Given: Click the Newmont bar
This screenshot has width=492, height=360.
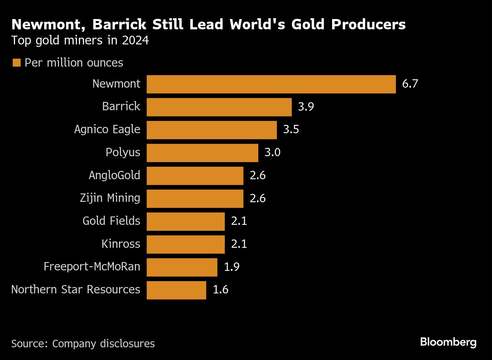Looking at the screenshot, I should coord(271,84).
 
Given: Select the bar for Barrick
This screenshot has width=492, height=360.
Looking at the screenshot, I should coord(219,107).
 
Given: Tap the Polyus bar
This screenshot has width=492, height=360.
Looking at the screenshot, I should coord(202,153).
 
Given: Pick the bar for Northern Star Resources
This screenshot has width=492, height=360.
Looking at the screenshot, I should coord(176,290).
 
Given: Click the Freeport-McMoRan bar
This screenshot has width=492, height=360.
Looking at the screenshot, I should coord(182,267).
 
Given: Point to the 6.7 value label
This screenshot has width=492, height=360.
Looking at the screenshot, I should coord(410,84).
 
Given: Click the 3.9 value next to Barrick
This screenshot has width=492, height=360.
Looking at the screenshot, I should coord(306,107).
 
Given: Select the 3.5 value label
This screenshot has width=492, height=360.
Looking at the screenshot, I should coord(291,130).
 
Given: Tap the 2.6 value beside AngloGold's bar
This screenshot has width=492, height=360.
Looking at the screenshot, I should coord(258,176).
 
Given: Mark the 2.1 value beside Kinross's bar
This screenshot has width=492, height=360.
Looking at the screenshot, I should coord(239,244).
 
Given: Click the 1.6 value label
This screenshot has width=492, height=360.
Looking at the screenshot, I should coord(221,290).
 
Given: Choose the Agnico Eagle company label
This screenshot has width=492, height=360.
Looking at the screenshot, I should coord(107,130).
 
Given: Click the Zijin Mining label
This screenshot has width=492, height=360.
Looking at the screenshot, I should coord(110,198).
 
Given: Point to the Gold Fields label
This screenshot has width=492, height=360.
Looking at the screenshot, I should coord(111,221).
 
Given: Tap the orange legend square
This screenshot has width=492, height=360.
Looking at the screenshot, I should coord(16,63).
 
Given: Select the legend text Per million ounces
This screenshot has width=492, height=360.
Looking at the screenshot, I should coord(74,63).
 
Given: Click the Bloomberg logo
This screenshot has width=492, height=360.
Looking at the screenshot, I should coord(448,342).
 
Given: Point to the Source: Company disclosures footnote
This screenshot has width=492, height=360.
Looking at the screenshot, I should coord(83,343).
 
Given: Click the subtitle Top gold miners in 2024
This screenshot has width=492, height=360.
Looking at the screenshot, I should coord(80,41).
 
